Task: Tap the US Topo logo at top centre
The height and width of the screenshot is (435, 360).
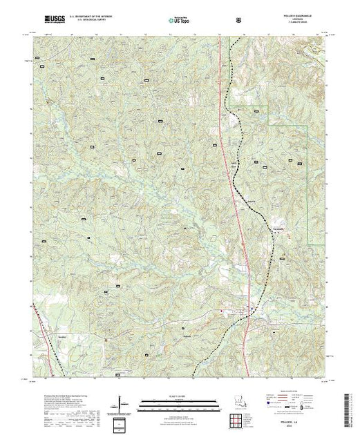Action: (180, 21)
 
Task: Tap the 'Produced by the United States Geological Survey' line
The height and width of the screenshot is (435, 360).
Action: (59, 390)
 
